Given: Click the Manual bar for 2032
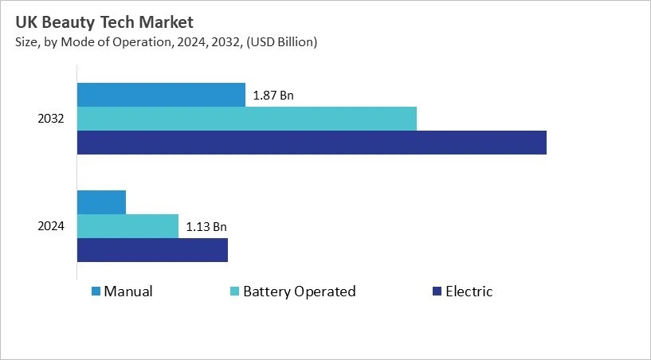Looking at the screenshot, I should click(161, 95).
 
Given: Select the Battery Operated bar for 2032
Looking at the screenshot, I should click(247, 119).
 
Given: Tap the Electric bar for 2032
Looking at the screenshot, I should click(312, 143).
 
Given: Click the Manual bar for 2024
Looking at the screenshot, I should click(101, 202).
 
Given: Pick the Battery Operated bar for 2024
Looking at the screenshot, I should click(127, 226).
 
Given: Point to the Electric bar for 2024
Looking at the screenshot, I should click(152, 250).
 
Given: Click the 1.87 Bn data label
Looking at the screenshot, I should click(273, 96).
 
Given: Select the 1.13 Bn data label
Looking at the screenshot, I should click(206, 227).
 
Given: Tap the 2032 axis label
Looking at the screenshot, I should click(51, 119).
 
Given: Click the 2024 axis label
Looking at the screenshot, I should click(51, 226).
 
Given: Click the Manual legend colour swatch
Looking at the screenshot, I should click(96, 292).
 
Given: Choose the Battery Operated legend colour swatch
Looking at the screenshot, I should click(234, 292).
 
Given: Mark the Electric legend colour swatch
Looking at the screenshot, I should click(436, 292).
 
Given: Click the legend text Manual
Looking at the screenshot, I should click(127, 292).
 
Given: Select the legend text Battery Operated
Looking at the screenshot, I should click(299, 292).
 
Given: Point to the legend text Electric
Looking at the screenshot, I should click(469, 292).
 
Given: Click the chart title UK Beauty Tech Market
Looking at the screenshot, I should click(104, 22).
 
